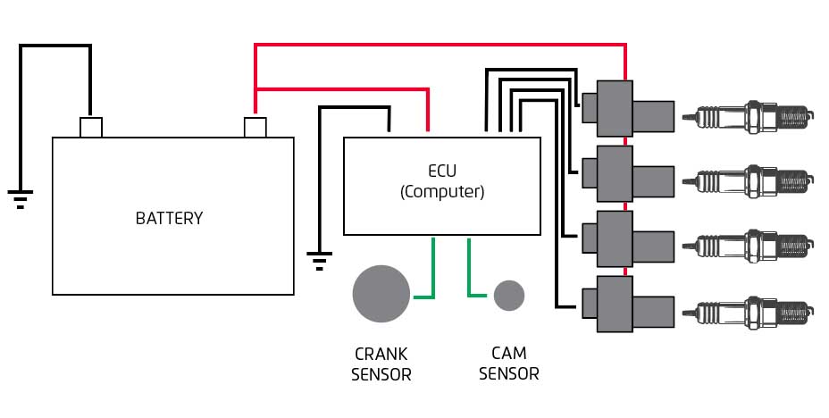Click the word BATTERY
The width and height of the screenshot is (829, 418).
pos(169,218)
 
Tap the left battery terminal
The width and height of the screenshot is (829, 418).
pos(91,127)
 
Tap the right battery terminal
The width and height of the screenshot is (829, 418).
pos(255,127)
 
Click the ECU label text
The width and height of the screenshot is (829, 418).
pos(441,171)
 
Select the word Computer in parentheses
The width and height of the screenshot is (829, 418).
pos(442,191)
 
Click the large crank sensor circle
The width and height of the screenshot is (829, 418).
pos(381,293)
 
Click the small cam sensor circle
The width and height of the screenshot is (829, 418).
pos(509,295)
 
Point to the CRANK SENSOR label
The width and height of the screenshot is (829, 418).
pos(381,364)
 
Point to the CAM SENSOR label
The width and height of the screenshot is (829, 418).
pos(509,364)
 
